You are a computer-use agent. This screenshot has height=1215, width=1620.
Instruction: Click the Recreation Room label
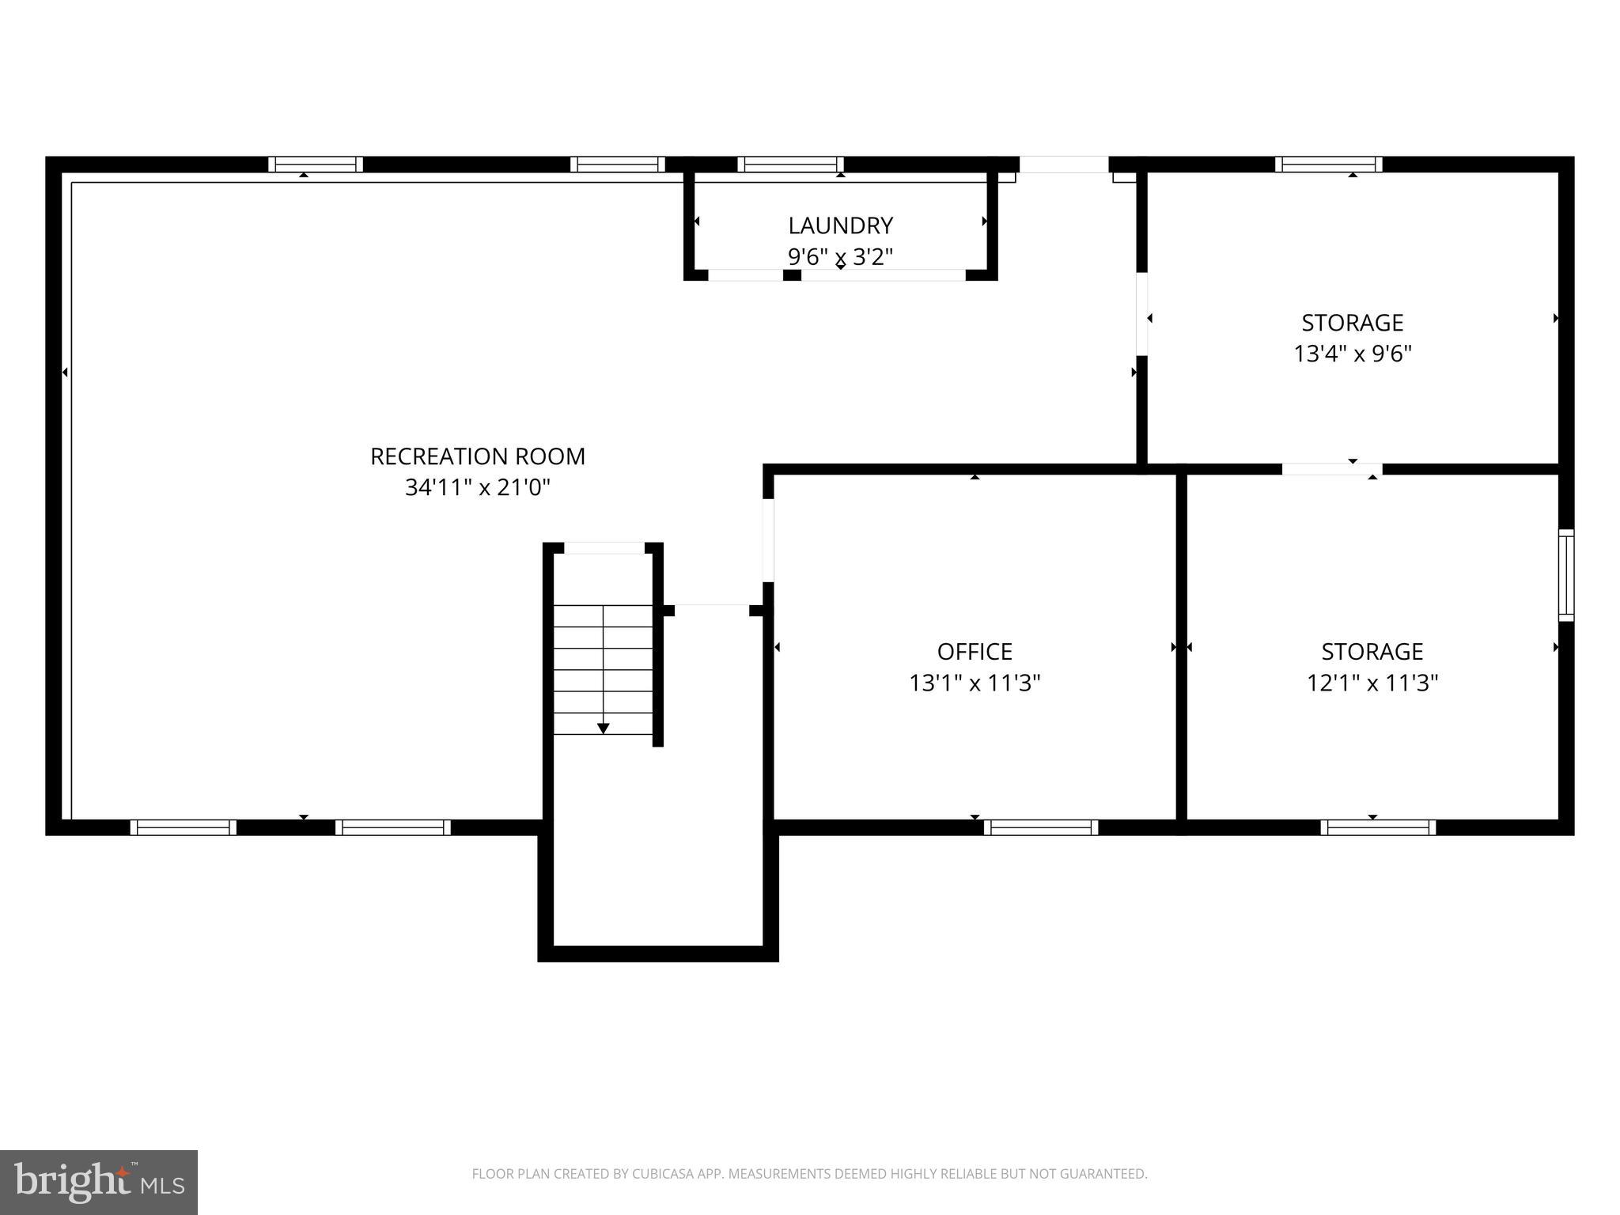tap(478, 456)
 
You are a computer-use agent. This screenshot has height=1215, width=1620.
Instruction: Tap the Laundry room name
tap(840, 225)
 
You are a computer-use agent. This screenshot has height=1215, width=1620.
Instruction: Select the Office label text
tap(975, 651)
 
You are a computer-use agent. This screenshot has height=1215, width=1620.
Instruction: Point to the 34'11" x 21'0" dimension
tap(478, 487)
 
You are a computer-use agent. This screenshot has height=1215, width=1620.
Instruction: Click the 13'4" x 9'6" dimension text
tap(1353, 354)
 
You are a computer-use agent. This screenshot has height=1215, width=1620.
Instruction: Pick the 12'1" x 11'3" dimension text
tap(1372, 683)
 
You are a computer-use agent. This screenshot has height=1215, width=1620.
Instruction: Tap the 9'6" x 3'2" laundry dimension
tap(840, 257)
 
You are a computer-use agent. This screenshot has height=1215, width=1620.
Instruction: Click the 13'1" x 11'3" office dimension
tap(975, 683)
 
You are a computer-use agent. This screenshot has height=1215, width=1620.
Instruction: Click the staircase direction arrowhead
tap(604, 729)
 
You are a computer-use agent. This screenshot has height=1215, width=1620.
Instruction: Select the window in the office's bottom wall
tap(1041, 827)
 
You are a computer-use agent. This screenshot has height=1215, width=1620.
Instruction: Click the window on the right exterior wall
tap(1566, 575)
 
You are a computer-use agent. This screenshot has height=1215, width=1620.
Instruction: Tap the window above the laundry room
tap(791, 165)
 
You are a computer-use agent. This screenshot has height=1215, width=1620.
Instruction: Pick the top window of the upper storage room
tap(1329, 165)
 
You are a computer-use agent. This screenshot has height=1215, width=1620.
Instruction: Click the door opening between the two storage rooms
tap(1332, 469)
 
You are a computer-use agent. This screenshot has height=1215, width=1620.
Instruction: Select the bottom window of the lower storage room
tap(1378, 827)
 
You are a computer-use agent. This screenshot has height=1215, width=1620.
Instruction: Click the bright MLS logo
tap(99, 1183)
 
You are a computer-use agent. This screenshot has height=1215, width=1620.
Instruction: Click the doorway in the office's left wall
tap(768, 540)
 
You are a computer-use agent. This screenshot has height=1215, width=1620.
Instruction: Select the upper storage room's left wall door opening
tap(1142, 314)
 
